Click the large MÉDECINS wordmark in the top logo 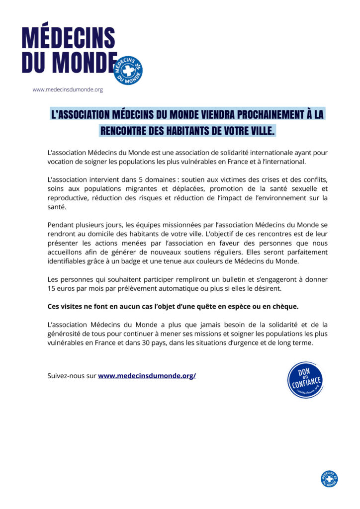69,38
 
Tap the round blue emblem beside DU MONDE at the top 128,70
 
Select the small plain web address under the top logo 68,90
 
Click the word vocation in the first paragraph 62,162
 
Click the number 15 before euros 52,288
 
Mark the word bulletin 221,279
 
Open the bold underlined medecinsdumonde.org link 147,376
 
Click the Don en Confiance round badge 305,380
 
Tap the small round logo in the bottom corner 329,478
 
